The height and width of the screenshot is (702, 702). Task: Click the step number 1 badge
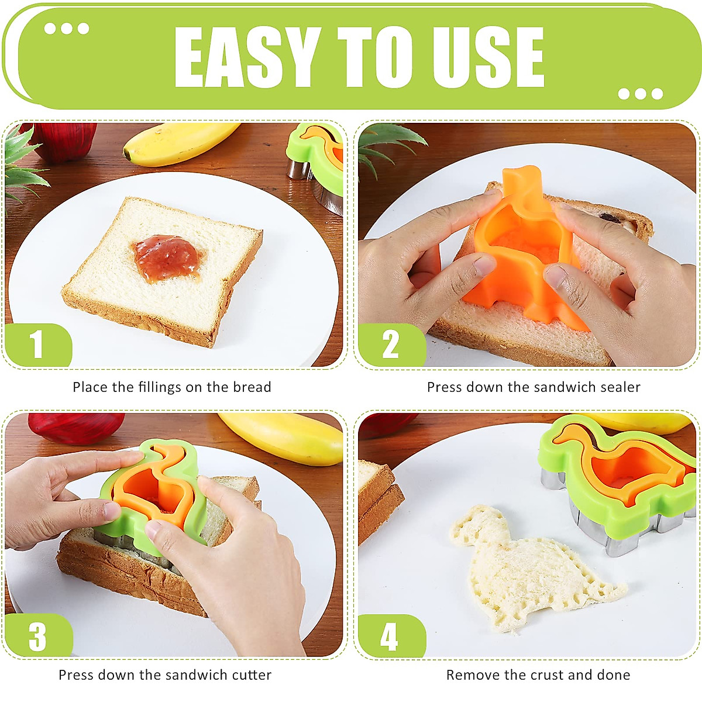point(37,345)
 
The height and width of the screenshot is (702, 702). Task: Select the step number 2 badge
point(390,345)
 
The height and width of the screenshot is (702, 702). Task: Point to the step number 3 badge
point(37,636)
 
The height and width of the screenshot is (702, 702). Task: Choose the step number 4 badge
point(389,636)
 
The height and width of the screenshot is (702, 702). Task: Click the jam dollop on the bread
point(167,257)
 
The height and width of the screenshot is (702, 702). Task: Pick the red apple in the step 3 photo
point(76,426)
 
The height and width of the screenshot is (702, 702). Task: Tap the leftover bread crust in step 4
point(377,497)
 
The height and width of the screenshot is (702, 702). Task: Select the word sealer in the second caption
point(621,387)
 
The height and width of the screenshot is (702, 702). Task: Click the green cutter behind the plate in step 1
point(316,155)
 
